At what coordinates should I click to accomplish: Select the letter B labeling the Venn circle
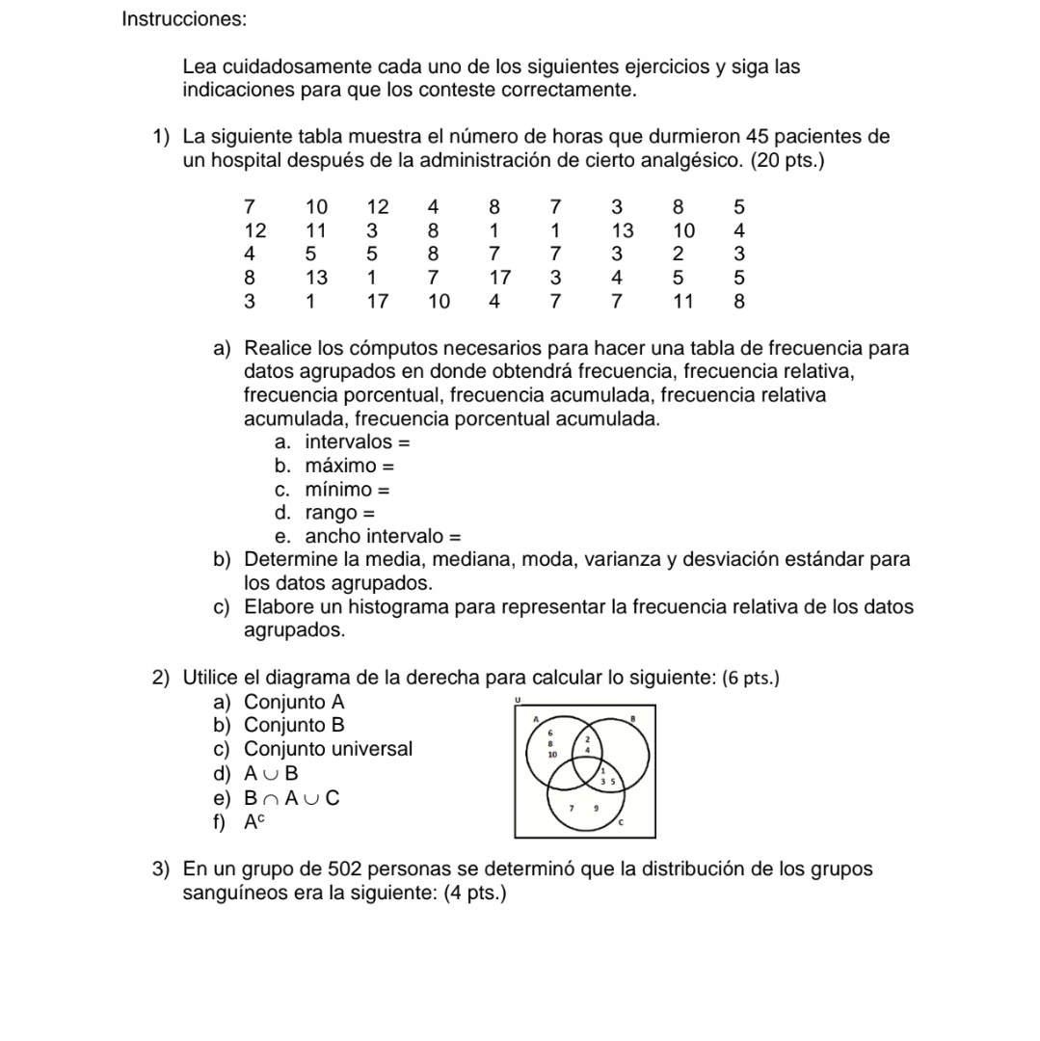pos(633,719)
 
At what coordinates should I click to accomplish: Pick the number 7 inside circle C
pos(572,809)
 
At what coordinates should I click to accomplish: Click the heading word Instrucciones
pos(184,19)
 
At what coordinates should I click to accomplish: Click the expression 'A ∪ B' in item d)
pos(271,772)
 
